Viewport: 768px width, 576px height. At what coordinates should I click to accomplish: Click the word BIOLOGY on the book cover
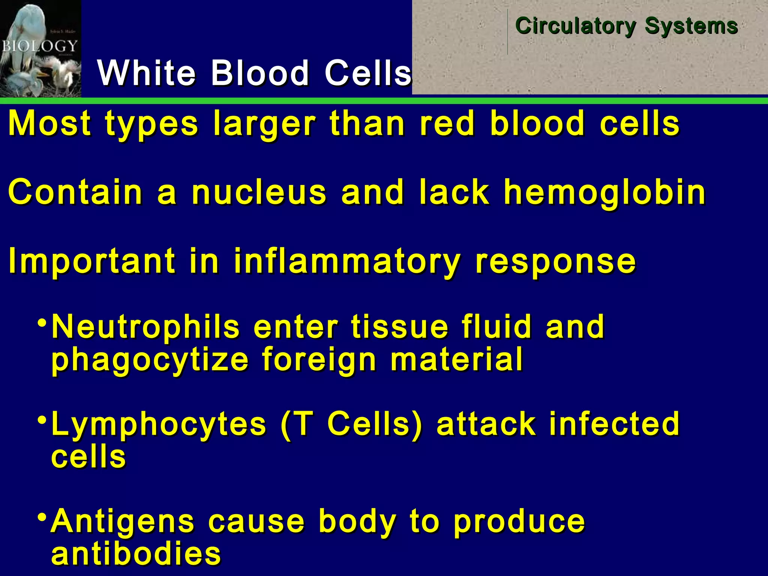39,46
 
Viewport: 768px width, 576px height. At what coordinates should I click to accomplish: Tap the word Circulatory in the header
575,26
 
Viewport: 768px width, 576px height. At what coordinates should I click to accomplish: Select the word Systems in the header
691,26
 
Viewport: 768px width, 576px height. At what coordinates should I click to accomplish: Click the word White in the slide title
146,73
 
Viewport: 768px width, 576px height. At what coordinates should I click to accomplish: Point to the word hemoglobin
604,193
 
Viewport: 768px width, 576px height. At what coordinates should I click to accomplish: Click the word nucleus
259,193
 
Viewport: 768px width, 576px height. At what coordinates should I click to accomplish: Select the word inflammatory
347,261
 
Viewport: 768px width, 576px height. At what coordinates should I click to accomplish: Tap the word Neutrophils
145,327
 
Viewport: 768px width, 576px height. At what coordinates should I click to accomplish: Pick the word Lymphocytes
159,424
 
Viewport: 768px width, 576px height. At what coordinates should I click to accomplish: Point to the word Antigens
123,522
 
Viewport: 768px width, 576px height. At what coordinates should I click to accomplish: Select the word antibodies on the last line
136,554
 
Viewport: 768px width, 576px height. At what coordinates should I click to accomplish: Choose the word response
555,261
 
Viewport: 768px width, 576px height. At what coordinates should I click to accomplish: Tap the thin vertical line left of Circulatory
508,32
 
